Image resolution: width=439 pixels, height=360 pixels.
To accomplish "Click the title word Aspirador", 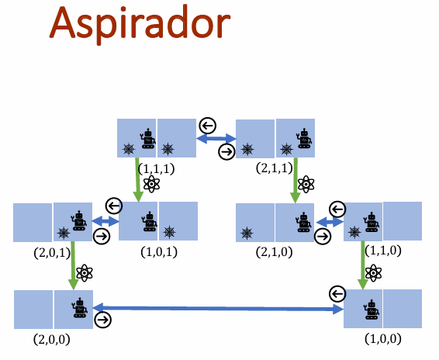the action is click(x=140, y=24).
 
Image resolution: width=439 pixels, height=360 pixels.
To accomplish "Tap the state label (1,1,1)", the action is click(x=156, y=168).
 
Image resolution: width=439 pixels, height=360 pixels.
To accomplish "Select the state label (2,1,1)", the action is click(x=274, y=168).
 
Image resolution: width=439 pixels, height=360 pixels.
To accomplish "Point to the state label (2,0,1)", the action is click(x=52, y=253).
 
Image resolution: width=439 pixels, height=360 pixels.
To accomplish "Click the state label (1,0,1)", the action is click(x=159, y=252).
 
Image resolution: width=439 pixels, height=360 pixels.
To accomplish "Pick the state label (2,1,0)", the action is click(x=274, y=252).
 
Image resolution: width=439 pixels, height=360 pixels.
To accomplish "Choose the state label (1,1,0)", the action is click(x=383, y=250).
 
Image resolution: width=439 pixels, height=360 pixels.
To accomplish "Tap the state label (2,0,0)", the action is click(x=51, y=339).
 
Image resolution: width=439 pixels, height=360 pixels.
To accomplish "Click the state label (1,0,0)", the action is click(x=383, y=339).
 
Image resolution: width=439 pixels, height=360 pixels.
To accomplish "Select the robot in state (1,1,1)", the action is click(x=147, y=138).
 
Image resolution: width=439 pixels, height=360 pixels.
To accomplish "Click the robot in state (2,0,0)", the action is click(x=80, y=307).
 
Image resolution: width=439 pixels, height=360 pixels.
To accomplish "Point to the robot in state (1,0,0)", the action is click(x=372, y=310).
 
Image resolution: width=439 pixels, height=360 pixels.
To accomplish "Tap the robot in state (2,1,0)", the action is click(x=304, y=222).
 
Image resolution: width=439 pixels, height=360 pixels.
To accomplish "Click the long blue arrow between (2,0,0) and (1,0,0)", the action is click(x=218, y=308).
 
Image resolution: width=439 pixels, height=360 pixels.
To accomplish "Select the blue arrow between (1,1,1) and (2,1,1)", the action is click(x=216, y=138).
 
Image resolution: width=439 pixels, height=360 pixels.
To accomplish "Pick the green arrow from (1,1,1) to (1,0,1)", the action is click(x=137, y=179).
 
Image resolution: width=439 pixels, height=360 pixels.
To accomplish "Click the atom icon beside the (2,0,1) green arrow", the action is click(x=85, y=273).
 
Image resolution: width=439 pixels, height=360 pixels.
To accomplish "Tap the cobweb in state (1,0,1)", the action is click(x=169, y=232).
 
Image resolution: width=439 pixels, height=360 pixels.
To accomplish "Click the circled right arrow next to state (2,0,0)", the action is click(x=103, y=320).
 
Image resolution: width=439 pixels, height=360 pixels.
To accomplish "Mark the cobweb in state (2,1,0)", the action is click(x=247, y=233).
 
